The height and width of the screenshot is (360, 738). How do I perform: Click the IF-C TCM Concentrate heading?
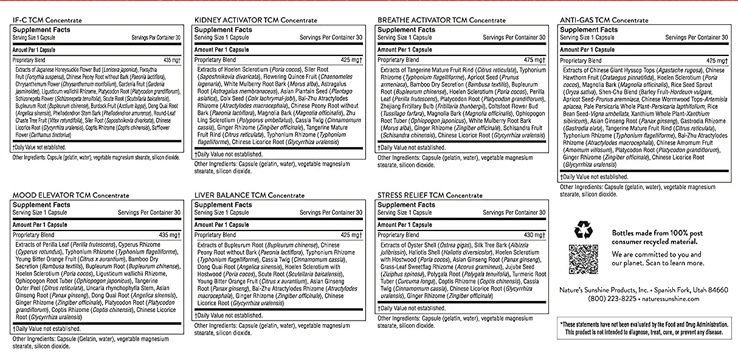coord(47,20)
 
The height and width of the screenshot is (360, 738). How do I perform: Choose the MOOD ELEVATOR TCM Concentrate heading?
coord(71,195)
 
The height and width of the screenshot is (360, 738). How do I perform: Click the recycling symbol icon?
coord(582,230)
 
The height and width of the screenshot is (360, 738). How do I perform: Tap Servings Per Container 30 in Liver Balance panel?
coord(332,213)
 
